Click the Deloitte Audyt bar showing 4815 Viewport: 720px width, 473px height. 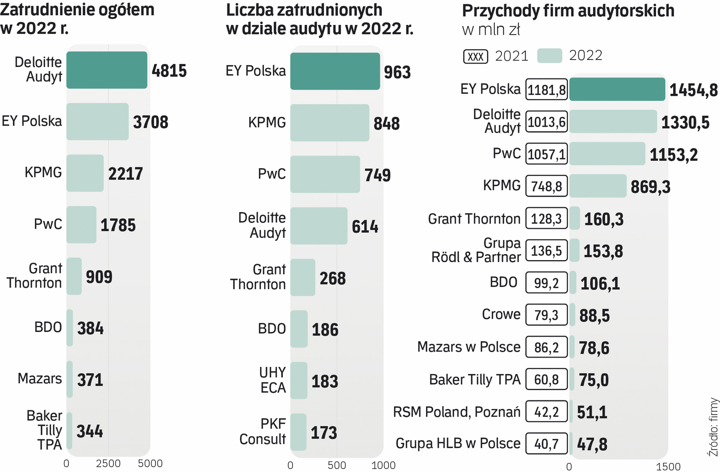click(107, 70)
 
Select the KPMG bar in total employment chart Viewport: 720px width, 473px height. click(85, 173)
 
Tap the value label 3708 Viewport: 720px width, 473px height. click(151, 122)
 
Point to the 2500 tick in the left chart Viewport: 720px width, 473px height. click(108, 464)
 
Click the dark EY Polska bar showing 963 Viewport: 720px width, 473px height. click(335, 71)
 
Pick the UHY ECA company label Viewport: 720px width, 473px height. click(272, 380)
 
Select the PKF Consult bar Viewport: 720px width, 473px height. click(298, 432)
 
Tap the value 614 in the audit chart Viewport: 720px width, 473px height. click(365, 227)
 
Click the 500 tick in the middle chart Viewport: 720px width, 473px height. click(336, 465)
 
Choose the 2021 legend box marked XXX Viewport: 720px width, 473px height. click(476, 56)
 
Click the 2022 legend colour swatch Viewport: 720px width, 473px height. click(549, 56)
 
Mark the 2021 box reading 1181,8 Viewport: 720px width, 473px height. click(547, 90)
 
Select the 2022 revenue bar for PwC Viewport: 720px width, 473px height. click(607, 154)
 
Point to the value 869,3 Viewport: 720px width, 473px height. click(650, 187)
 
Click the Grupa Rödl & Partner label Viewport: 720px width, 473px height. click(476, 250)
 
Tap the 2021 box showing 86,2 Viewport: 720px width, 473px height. click(547, 347)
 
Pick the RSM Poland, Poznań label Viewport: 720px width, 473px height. click(456, 412)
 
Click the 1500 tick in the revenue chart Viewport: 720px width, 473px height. click(668, 467)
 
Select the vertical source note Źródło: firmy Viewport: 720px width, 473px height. click(713, 427)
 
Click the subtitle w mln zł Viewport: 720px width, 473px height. click(491, 30)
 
